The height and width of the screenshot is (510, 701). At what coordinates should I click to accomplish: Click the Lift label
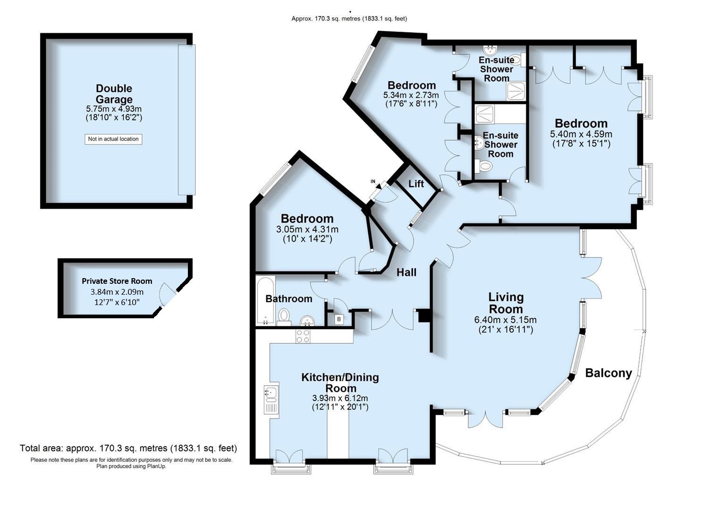(416, 184)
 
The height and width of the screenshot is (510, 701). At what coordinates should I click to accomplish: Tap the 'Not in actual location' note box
(113, 139)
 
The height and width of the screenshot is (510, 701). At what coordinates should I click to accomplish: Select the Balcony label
(608, 373)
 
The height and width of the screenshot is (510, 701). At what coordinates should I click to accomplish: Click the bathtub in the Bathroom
(265, 300)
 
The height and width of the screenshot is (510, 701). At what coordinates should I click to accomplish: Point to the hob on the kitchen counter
(303, 337)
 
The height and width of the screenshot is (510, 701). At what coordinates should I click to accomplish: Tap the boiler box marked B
(339, 320)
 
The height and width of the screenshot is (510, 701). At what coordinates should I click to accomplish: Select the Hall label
(406, 272)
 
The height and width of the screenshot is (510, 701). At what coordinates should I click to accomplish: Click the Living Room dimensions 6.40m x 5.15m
(506, 320)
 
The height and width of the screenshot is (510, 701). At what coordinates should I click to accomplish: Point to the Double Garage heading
(114, 93)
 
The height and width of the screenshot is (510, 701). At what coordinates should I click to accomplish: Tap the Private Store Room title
(117, 281)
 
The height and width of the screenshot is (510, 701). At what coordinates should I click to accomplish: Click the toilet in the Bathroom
(284, 316)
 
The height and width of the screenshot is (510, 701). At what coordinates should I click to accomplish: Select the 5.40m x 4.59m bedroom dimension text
(581, 134)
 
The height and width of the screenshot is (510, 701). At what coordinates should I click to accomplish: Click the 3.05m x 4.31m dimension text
(307, 229)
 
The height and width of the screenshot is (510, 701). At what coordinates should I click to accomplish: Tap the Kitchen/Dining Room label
(340, 382)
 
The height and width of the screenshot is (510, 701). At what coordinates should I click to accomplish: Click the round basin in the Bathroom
(307, 321)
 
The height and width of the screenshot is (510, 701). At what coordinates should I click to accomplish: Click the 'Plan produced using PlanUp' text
(131, 467)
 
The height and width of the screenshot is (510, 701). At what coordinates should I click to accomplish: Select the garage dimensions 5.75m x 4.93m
(114, 109)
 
